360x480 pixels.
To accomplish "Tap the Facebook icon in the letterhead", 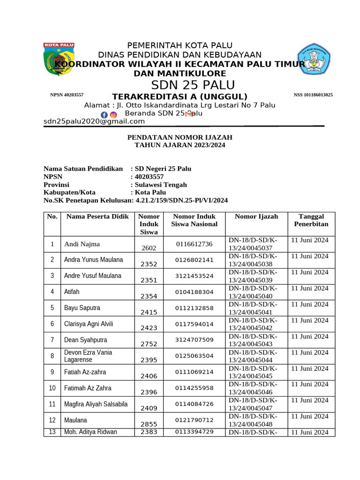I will pos(104,115).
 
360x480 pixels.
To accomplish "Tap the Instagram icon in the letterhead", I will pos(113,115).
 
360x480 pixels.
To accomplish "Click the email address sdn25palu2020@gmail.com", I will pos(94,121).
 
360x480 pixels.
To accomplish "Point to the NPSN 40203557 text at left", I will pos(67,95).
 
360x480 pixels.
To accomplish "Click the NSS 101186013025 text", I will pos(313,95).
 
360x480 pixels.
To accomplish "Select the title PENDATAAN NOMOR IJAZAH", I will pos(180,137).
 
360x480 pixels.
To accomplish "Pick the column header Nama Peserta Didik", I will pos(97,217).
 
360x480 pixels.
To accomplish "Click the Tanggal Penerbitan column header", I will pos(311,220).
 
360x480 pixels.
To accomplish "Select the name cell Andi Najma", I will pos(82,244).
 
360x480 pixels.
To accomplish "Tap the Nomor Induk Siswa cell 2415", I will pos(149,312).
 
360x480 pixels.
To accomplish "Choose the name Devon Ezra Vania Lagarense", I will pos(88,356).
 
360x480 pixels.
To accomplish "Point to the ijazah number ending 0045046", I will pos(253,388).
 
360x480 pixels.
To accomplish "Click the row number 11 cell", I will pos(52,404).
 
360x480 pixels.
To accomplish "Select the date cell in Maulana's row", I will pos(310,416).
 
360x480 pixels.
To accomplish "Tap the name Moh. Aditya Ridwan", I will pos(90,432).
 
